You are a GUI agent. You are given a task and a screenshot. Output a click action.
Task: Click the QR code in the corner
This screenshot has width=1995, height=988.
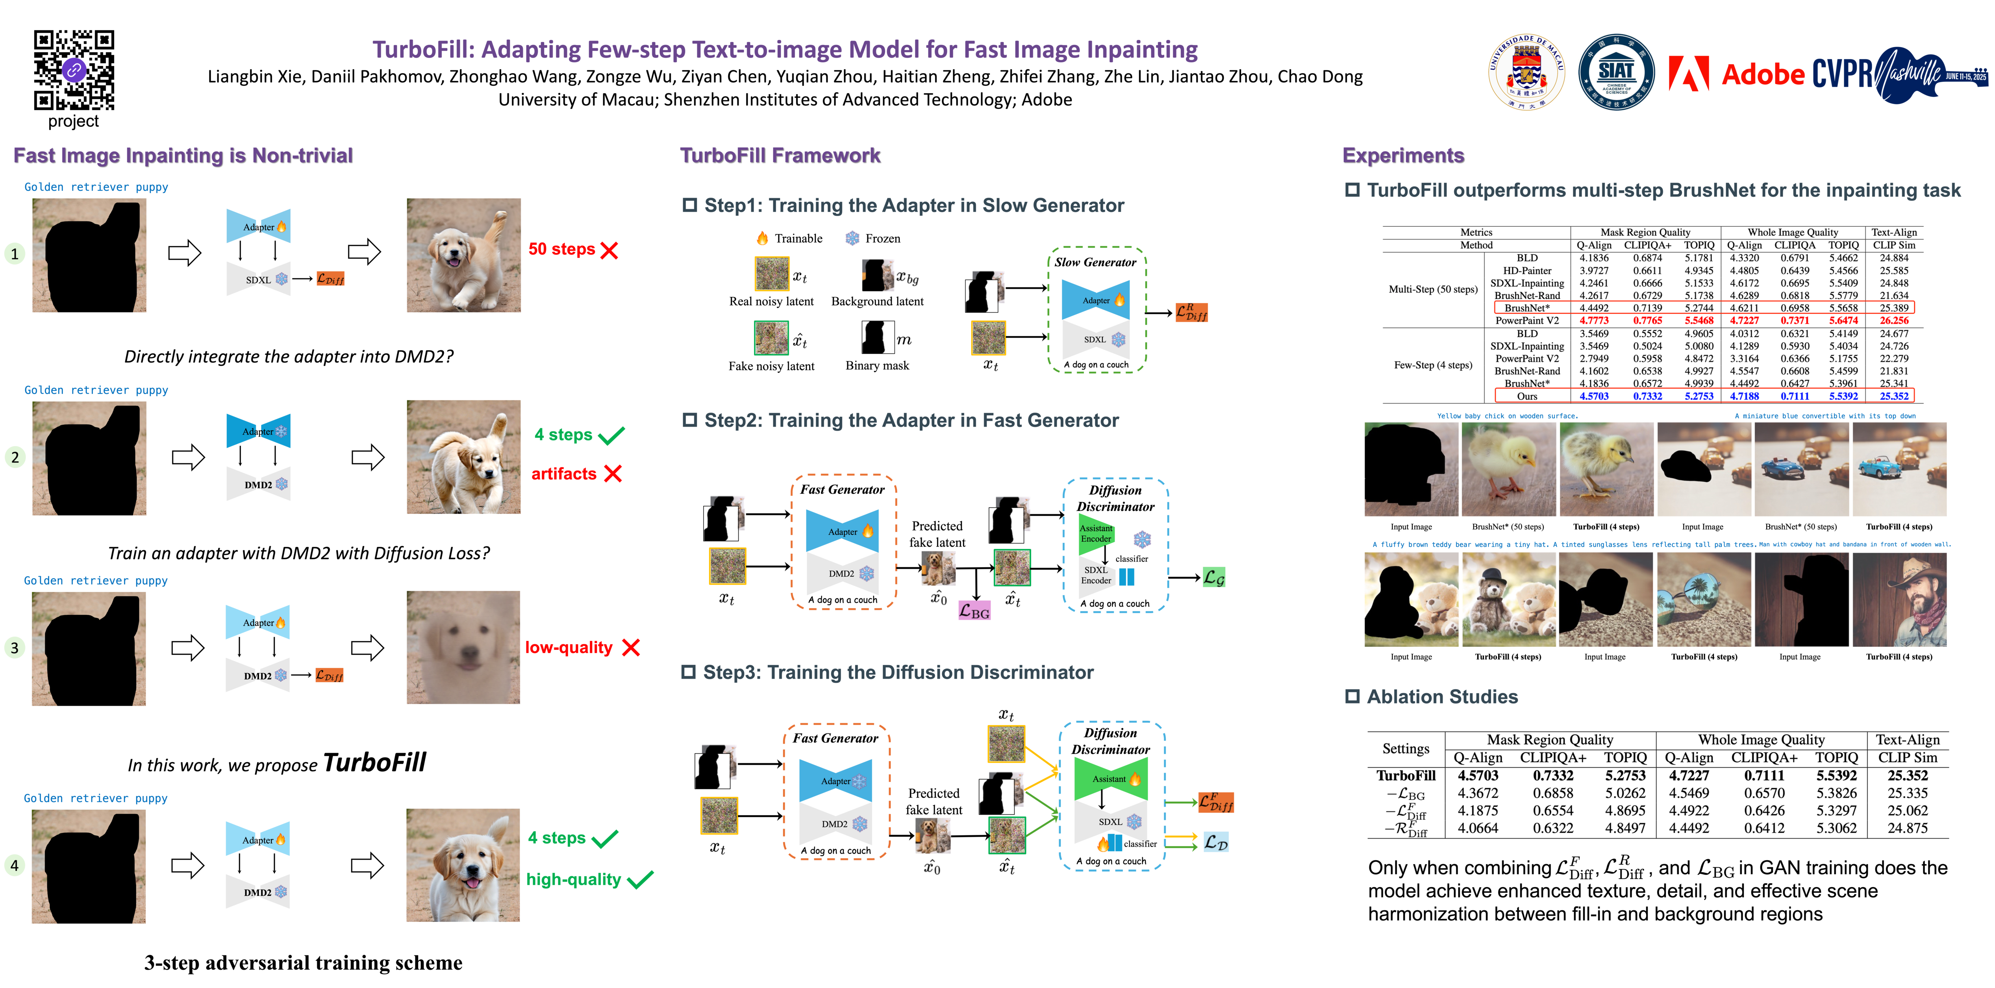[74, 70]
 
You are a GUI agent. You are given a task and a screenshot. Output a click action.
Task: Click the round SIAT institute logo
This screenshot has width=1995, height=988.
[1616, 72]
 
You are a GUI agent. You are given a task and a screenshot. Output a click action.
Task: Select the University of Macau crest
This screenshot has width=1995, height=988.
[1526, 72]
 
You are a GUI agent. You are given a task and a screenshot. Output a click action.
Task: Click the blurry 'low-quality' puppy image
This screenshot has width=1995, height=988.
[463, 647]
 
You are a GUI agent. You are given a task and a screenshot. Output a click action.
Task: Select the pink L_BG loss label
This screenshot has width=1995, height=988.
[974, 611]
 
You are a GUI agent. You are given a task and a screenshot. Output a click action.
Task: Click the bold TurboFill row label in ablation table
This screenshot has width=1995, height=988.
[1406, 775]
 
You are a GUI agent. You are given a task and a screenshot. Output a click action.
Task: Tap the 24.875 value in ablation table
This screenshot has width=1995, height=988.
[1908, 828]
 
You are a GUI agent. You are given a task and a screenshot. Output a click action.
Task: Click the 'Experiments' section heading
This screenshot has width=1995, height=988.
[1402, 155]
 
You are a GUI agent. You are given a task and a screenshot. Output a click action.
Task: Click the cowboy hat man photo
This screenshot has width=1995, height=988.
[1899, 599]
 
